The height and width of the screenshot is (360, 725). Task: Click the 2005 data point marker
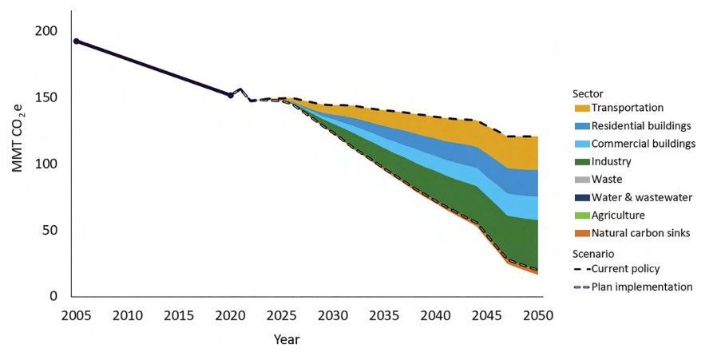(x=77, y=41)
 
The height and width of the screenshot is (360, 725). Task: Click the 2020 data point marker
(x=231, y=95)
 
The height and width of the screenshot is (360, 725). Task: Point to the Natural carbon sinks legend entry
(x=642, y=233)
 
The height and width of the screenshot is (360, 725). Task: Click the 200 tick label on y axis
(x=46, y=31)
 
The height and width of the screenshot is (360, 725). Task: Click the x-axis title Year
(x=287, y=339)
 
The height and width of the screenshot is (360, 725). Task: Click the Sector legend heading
(x=588, y=93)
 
